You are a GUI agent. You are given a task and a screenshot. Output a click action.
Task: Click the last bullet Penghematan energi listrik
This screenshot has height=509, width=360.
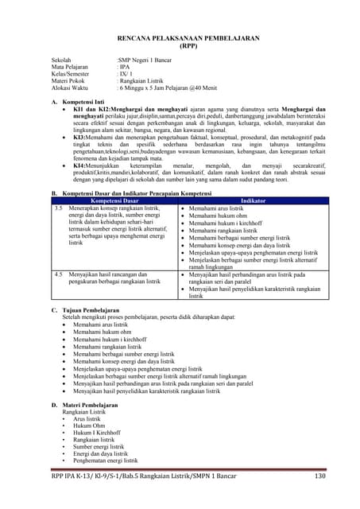pyautogui.click(x=105, y=460)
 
